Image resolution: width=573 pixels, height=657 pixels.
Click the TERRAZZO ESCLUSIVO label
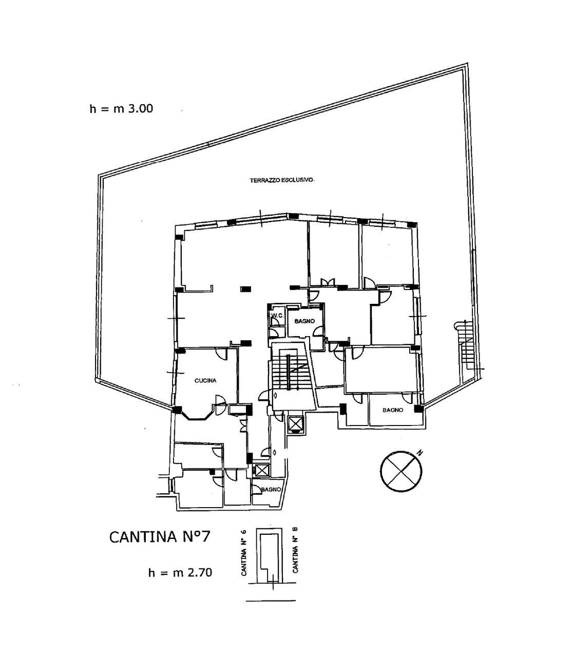(x=282, y=181)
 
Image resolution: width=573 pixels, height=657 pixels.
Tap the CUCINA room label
(x=205, y=381)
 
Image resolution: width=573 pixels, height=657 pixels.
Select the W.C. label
(x=277, y=316)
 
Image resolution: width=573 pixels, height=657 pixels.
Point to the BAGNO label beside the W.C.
(x=304, y=321)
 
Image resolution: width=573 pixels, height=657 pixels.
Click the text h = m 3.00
(x=121, y=108)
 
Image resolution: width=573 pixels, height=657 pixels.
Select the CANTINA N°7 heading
(x=160, y=543)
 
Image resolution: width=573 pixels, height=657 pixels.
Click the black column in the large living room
(x=246, y=289)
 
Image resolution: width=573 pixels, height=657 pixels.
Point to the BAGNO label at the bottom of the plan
(x=271, y=490)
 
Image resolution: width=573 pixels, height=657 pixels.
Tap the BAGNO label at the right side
(x=393, y=410)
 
